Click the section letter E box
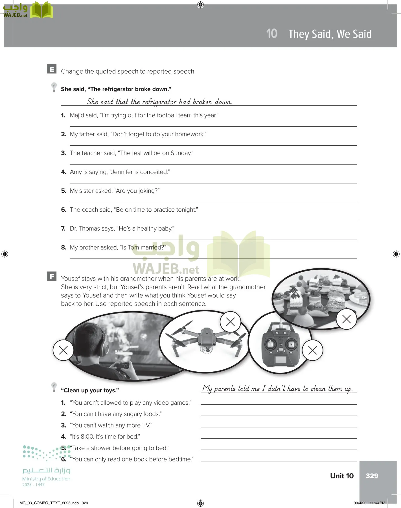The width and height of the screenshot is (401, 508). (52, 69)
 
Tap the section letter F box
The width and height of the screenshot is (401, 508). (52, 276)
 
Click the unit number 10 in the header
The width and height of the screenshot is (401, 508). (272, 34)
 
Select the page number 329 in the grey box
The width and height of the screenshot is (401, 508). (372, 476)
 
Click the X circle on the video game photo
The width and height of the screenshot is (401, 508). (63, 350)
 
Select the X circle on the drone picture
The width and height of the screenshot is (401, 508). (230, 322)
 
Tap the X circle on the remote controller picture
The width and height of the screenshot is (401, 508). (312, 350)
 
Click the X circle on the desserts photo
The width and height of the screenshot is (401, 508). (346, 319)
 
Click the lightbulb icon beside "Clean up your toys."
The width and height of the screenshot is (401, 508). (54, 387)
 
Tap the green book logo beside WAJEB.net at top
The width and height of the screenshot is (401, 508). (41, 10)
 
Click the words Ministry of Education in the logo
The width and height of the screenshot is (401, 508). (46, 479)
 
